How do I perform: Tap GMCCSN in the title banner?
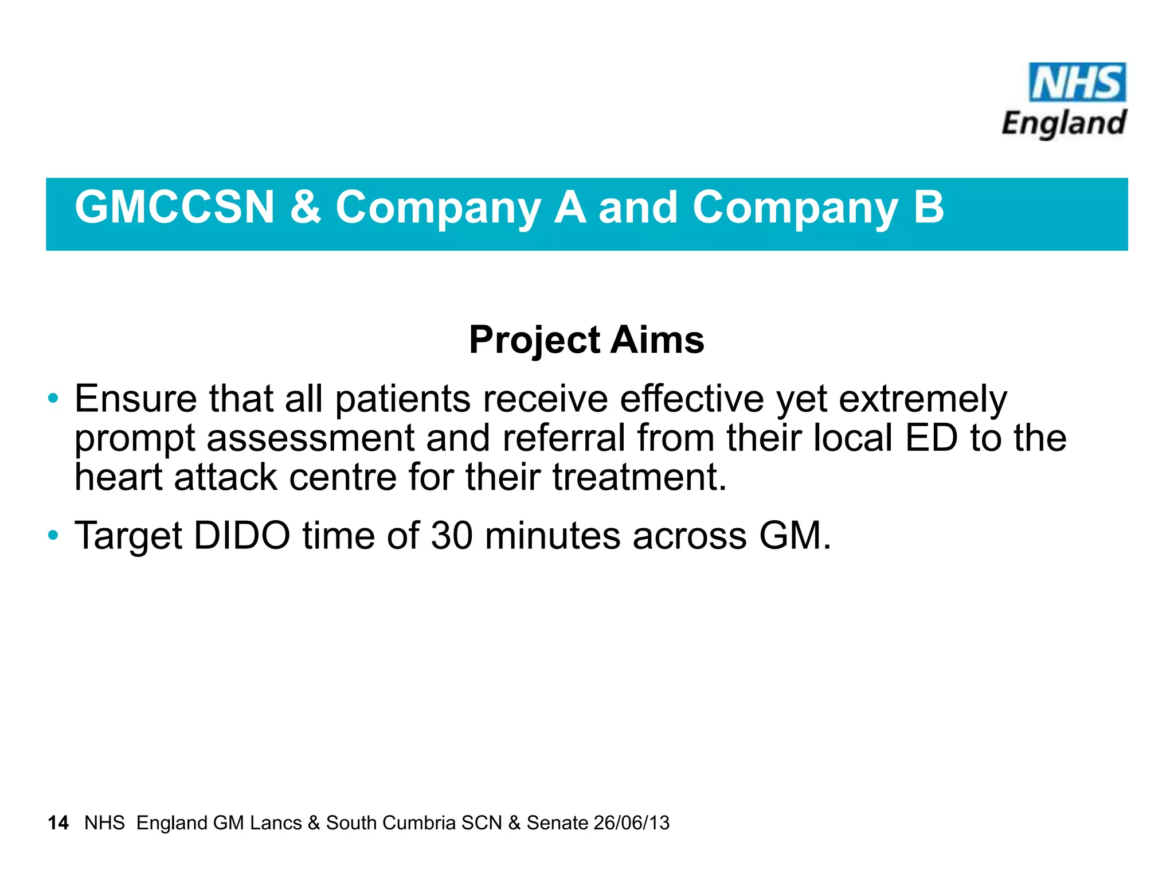point(175,208)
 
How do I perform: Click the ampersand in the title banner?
point(305,208)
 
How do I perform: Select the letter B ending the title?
point(928,208)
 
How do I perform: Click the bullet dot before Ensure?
point(53,398)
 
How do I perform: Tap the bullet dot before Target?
point(53,535)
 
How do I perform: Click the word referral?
point(563,438)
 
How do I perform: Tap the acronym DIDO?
point(242,536)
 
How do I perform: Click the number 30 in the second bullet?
point(452,536)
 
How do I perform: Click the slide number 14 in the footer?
point(58,823)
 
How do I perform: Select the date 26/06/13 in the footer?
point(631,823)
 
